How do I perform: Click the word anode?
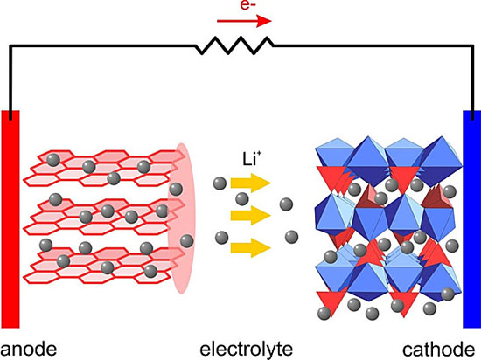point(29,350)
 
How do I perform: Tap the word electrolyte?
point(247,349)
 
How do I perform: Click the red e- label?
point(247,5)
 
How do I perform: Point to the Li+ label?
point(249,160)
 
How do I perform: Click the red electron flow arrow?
point(244,21)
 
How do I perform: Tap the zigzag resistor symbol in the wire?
point(234,45)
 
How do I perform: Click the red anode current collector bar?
point(10,219)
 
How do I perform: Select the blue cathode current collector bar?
point(471,219)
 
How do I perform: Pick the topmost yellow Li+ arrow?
point(251,183)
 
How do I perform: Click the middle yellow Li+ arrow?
point(251,215)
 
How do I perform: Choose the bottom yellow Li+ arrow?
point(251,247)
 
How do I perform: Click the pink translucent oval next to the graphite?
point(182,218)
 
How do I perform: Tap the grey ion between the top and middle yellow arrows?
point(241,199)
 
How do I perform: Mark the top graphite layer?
point(104,168)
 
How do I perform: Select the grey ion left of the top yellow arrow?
point(220,183)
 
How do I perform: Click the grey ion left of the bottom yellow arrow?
point(221,238)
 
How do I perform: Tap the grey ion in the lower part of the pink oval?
point(186,241)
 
